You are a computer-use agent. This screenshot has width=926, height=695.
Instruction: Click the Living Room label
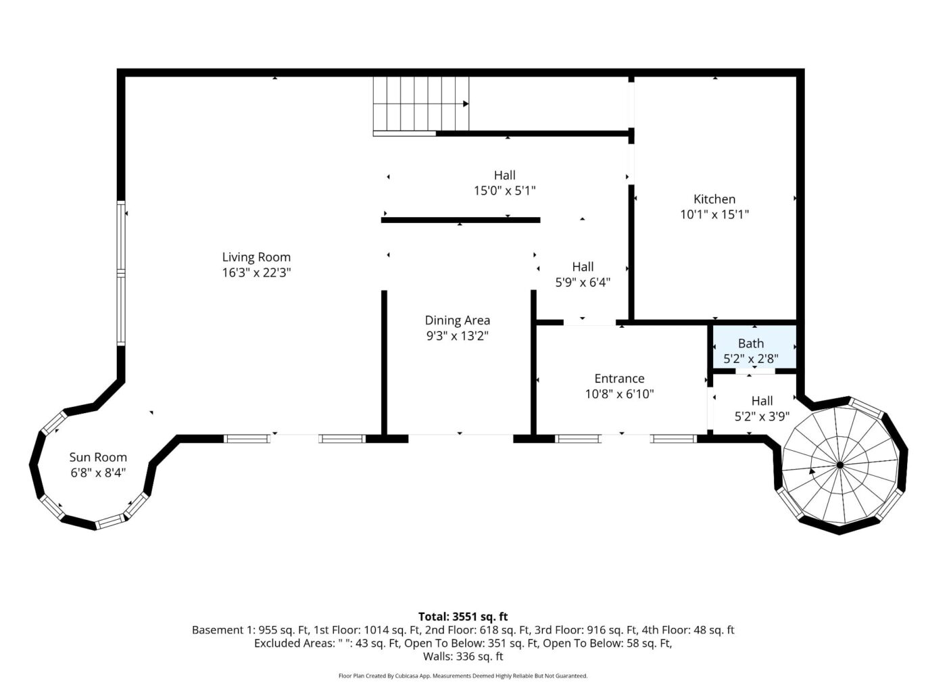[x=256, y=257]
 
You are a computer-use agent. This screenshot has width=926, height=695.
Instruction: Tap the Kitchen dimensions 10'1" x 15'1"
[x=714, y=214]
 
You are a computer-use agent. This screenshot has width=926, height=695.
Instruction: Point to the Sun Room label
[x=98, y=457]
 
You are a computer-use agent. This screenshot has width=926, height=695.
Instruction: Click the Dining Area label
[x=458, y=320]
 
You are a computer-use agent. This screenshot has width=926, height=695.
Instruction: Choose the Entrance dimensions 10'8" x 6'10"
[x=619, y=393]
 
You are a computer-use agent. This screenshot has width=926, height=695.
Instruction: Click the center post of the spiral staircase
[x=839, y=465]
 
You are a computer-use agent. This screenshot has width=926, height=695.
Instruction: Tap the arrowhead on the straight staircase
[x=466, y=104]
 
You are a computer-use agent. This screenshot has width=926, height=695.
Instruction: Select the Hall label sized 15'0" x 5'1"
[x=504, y=175]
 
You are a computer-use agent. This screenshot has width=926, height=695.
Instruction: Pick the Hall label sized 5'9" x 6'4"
[x=583, y=266]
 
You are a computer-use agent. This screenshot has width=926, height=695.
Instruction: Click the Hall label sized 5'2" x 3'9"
[x=762, y=400]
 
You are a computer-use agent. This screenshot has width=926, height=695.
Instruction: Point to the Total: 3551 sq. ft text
[x=463, y=617]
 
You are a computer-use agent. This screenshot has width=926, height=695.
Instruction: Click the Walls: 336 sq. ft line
[x=463, y=656]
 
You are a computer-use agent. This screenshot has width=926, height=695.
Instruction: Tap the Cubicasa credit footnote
[x=463, y=676]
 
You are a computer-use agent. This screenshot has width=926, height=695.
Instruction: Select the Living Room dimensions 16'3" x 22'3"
[x=256, y=272]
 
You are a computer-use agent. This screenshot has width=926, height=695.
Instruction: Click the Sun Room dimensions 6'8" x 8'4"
[x=98, y=473]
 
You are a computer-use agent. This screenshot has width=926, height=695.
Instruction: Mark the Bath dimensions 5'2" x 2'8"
[x=751, y=359]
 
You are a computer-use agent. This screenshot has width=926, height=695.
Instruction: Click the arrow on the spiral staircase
[x=812, y=471]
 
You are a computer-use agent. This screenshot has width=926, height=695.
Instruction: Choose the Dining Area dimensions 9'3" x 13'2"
[x=458, y=336]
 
